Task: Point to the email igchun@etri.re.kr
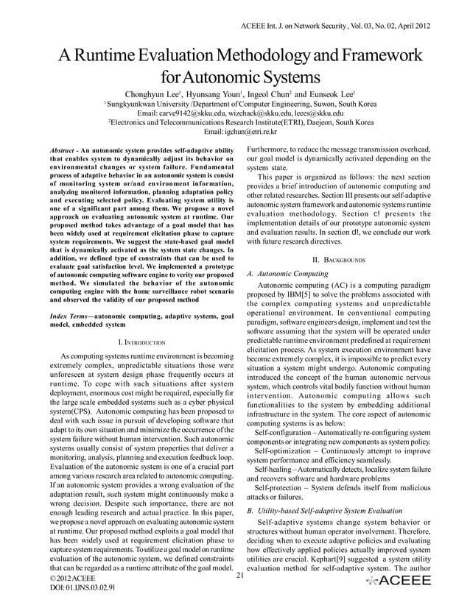point(239,132)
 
